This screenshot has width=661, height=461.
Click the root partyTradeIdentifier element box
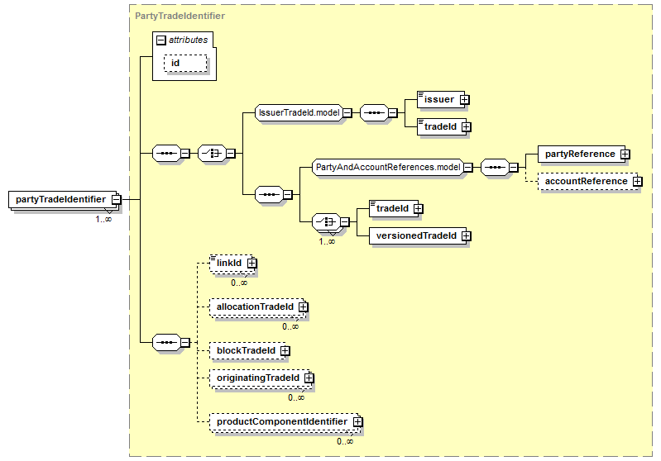click(x=60, y=199)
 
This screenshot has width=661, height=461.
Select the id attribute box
click(x=185, y=63)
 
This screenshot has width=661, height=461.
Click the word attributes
click(x=188, y=40)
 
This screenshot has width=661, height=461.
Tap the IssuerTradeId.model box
click(x=299, y=113)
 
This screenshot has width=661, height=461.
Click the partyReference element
click(x=580, y=154)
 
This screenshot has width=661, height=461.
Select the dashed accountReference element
click(x=585, y=182)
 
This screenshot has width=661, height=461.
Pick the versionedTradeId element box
click(x=417, y=236)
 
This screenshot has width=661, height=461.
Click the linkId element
click(x=229, y=264)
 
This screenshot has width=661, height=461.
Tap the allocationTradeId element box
click(x=254, y=307)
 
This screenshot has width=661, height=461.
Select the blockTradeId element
click(x=245, y=351)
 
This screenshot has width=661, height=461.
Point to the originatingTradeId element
click(x=257, y=378)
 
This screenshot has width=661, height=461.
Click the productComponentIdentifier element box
click(x=281, y=422)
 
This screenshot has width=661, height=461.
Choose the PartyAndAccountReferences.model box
click(x=388, y=168)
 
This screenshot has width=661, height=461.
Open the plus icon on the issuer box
click(x=463, y=100)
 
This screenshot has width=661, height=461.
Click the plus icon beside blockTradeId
click(x=285, y=351)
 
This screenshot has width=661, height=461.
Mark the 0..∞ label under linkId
click(x=239, y=283)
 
